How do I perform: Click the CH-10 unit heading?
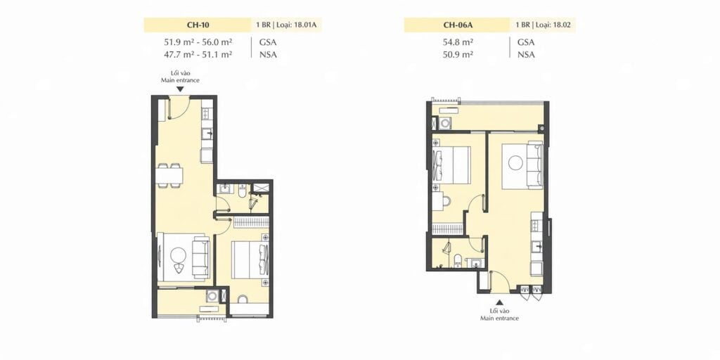tap(198, 25)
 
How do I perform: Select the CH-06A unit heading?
tap(457, 25)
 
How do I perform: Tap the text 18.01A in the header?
tap(306, 25)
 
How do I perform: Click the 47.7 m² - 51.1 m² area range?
tap(198, 54)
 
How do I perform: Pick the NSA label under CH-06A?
tap(526, 54)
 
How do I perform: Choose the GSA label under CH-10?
tap(269, 42)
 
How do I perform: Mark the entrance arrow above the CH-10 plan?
tap(180, 89)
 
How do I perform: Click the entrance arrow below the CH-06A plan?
tap(500, 302)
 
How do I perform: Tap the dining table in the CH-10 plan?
tap(169, 175)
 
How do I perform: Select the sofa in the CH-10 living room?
tap(200, 257)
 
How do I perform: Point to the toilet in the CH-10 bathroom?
tap(242, 190)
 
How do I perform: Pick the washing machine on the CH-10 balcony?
tap(212, 296)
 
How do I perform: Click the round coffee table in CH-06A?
tap(514, 163)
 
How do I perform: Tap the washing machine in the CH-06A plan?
tap(445, 124)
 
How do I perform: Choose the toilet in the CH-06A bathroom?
tap(458, 261)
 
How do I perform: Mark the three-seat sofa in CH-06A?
tap(535, 164)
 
